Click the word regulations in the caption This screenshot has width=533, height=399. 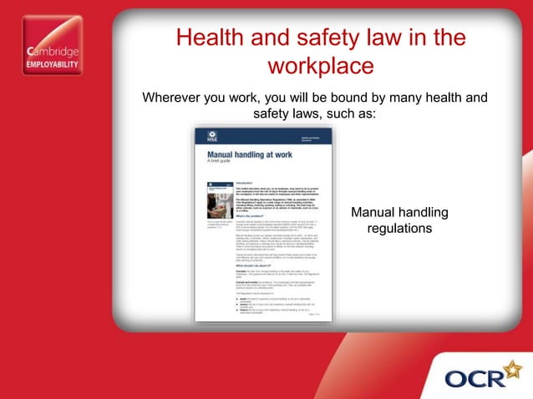coord(400,227)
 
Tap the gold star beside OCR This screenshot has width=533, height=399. coord(510,368)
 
